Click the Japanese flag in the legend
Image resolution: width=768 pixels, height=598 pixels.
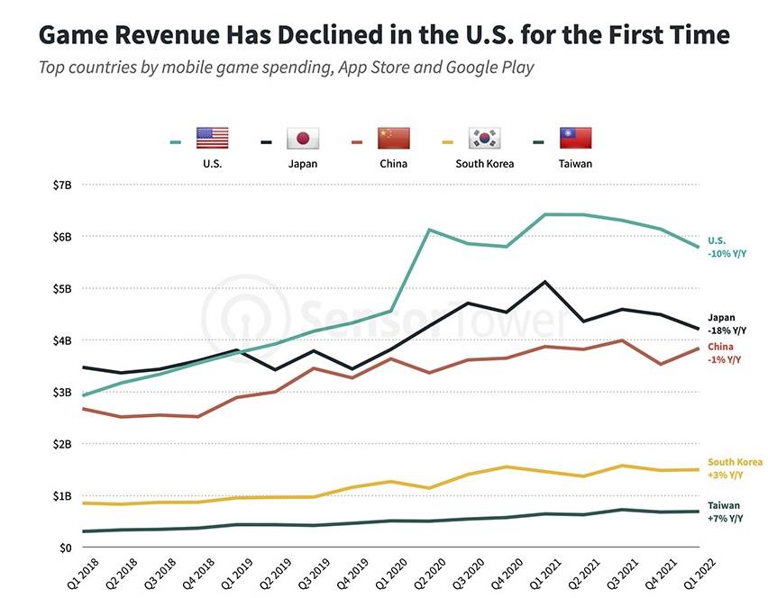303,138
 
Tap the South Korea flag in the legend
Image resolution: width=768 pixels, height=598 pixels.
484,138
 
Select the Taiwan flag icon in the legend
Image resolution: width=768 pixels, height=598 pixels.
576,138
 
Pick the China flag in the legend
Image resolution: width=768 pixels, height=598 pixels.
393,138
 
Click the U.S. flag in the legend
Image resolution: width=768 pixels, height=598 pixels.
213,138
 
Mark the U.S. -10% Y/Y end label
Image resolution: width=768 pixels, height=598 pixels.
727,247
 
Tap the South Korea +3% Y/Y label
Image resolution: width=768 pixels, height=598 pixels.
734,468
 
